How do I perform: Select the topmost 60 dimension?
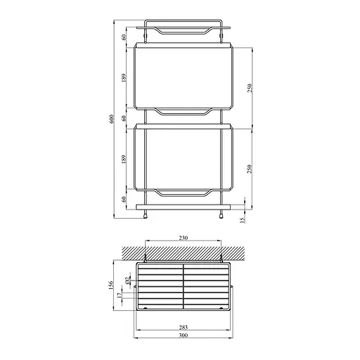[124, 37]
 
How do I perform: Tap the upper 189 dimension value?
[124, 77]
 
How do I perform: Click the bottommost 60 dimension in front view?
[124, 199]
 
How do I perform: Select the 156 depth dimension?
[112, 287]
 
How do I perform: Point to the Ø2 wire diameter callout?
[127, 282]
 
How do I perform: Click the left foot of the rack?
[146, 215]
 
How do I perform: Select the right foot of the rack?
[221, 215]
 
